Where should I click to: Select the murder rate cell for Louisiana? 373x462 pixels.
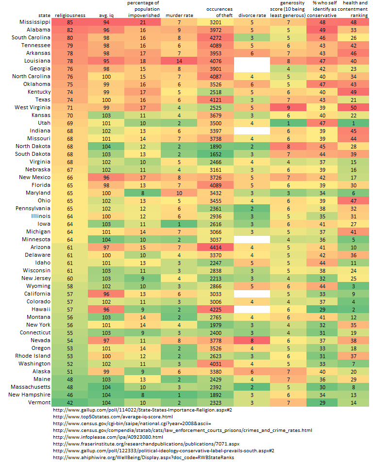click(179, 61)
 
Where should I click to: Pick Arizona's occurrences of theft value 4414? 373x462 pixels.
click(214, 247)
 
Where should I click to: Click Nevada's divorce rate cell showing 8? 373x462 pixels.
click(252, 340)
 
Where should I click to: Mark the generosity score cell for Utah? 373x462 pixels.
click(288, 123)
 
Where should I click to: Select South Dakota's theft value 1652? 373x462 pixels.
click(214, 154)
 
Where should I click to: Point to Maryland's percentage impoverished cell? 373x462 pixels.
click(143, 193)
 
